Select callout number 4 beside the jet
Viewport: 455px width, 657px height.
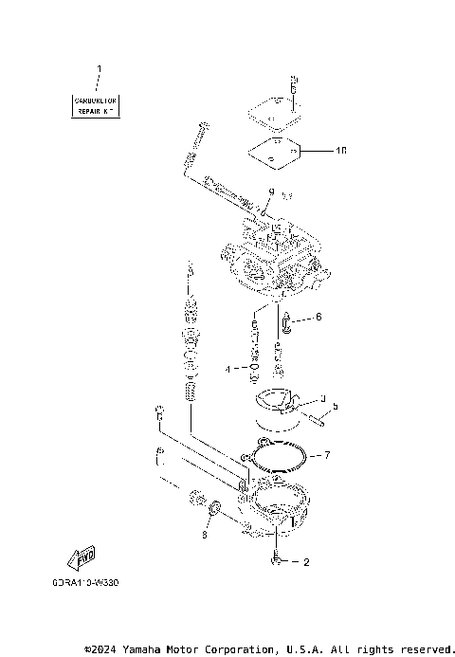pyautogui.click(x=228, y=368)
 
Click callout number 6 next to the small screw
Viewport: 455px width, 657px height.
pyautogui.click(x=318, y=317)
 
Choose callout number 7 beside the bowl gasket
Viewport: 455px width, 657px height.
pyautogui.click(x=327, y=456)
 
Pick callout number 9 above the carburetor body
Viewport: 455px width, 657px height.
pyautogui.click(x=270, y=192)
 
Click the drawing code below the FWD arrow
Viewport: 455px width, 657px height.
pyautogui.click(x=94, y=584)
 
